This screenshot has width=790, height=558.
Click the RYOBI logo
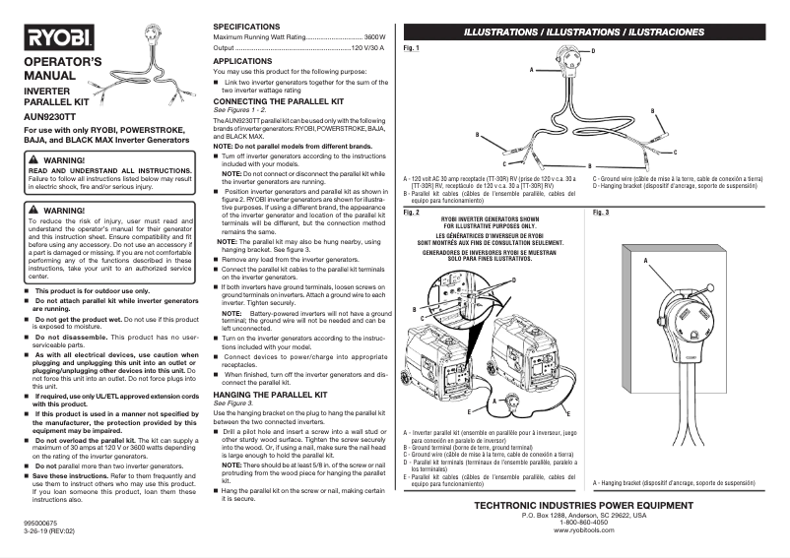(x=60, y=39)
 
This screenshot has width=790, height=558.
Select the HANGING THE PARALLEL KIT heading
(x=271, y=394)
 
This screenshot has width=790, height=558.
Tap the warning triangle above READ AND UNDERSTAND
(x=33, y=159)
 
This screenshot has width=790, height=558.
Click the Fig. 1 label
(x=412, y=48)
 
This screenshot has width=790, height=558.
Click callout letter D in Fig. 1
(x=592, y=49)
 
